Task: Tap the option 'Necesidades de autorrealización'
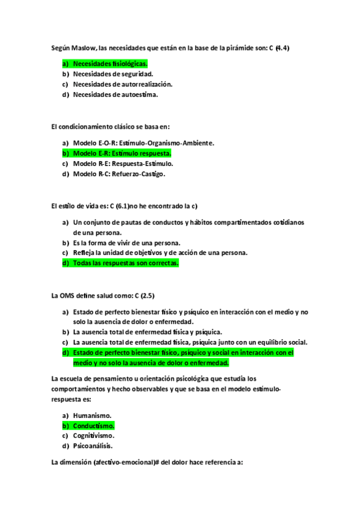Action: [123, 84]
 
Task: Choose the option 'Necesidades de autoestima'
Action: [115, 94]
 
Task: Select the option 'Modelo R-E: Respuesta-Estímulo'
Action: [123, 164]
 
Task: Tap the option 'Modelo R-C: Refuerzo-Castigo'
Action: [119, 174]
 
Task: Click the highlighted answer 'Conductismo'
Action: [94, 425]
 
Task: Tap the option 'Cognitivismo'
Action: [94, 435]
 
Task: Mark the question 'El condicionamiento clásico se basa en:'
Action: [111, 127]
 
